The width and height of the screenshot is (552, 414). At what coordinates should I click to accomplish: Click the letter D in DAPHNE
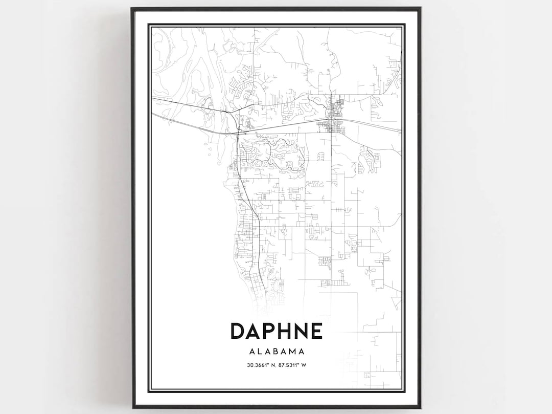pyautogui.click(x=239, y=331)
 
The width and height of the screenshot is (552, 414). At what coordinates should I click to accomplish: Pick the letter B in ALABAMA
pyautogui.click(x=276, y=352)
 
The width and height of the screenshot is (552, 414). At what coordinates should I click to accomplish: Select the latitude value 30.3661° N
pyautogui.click(x=259, y=365)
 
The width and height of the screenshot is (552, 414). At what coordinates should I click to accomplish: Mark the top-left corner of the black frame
pyautogui.click(x=132, y=8)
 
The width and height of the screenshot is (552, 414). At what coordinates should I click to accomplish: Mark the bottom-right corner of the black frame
pyautogui.click(x=420, y=407)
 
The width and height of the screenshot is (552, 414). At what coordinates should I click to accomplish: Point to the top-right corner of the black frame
pyautogui.click(x=420, y=8)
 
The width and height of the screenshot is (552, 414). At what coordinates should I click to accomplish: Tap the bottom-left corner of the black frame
pyautogui.click(x=132, y=407)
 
